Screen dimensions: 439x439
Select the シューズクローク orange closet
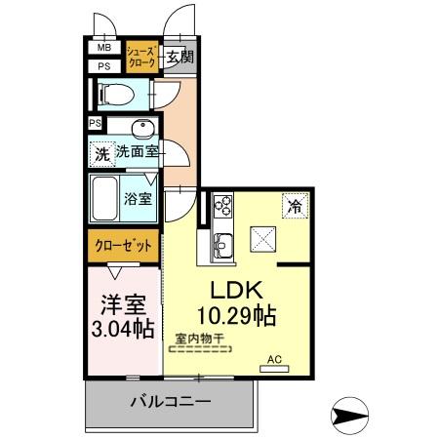coord(140,56)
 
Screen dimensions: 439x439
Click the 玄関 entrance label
coord(179,57)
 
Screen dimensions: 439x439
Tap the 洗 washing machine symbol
coord(102,153)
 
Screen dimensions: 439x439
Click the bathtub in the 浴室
coord(105,199)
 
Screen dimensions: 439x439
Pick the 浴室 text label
coord(138,200)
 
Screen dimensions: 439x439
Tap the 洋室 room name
coord(123,302)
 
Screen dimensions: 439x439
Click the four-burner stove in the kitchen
coord(223,205)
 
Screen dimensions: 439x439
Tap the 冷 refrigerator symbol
coord(293,206)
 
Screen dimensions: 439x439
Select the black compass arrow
coord(352,415)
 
